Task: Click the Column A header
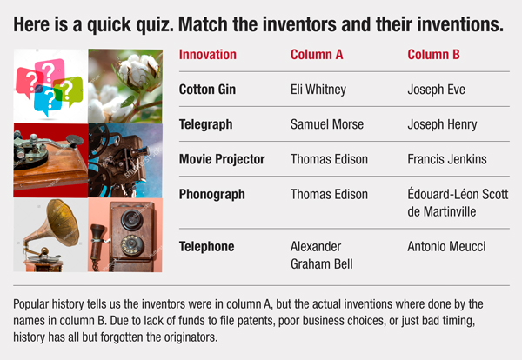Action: click(317, 55)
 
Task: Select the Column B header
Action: click(433, 55)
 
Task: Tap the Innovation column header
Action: click(208, 55)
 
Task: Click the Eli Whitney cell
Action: click(318, 90)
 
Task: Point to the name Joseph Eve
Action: click(436, 90)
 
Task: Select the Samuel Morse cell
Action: click(327, 124)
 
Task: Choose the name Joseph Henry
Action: click(442, 124)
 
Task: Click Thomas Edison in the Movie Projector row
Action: click(329, 159)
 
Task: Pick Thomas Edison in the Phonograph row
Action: click(329, 194)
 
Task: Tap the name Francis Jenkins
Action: click(447, 159)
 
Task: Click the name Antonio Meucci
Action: click(446, 247)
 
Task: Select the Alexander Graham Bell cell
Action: click(322, 255)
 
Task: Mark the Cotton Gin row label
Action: click(207, 90)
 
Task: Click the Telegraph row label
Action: click(205, 124)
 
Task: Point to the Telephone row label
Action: click(207, 247)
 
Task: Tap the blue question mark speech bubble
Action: click(47, 99)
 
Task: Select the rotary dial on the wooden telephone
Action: click(132, 245)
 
